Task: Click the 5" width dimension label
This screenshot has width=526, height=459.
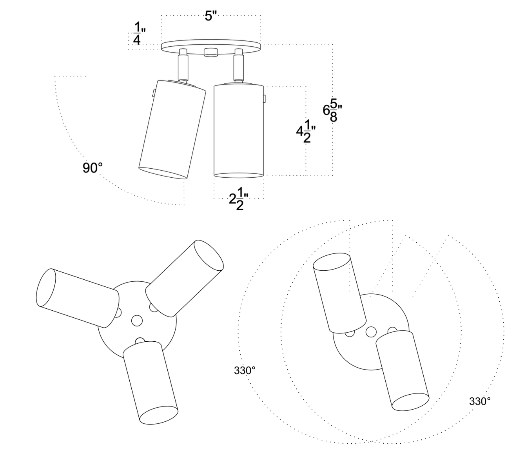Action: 211,16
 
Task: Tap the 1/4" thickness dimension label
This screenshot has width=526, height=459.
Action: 139,33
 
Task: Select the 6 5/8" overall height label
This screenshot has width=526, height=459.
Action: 333,110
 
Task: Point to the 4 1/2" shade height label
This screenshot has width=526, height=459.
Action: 306,131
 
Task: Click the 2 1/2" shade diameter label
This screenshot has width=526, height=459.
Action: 239,199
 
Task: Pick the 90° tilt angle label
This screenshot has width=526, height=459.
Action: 93,168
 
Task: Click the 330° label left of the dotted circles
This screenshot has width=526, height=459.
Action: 245,370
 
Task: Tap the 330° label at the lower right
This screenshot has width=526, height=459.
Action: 480,401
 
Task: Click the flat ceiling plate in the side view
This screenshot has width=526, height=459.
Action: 211,47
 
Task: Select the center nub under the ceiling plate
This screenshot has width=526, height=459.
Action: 211,52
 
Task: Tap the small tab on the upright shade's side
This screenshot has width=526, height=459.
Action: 265,99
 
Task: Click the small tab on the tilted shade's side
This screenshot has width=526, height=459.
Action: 153,93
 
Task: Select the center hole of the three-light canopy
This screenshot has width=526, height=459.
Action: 137,321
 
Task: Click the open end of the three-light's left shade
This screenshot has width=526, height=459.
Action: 46,288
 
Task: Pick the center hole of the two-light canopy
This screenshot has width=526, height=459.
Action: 371,332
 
